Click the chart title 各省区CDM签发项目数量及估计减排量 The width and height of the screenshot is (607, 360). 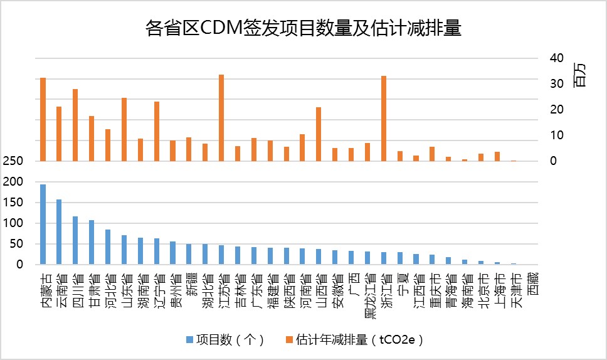pos(303,29)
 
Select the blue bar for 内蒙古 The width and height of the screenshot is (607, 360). pos(43,224)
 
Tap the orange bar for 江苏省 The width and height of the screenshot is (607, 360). pos(221,118)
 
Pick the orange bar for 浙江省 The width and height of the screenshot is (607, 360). pos(384,119)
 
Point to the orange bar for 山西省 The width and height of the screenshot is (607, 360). pos(319,134)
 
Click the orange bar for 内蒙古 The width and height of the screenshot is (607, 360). pos(43,119)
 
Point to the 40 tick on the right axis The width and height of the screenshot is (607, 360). pos(557,58)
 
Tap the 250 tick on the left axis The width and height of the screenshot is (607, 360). pos(15,161)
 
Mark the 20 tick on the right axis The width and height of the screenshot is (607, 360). pos(557,110)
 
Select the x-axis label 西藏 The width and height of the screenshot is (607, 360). pos(532,286)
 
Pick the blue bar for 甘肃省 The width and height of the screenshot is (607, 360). pos(92,242)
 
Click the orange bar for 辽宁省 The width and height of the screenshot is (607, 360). pos(157,131)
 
